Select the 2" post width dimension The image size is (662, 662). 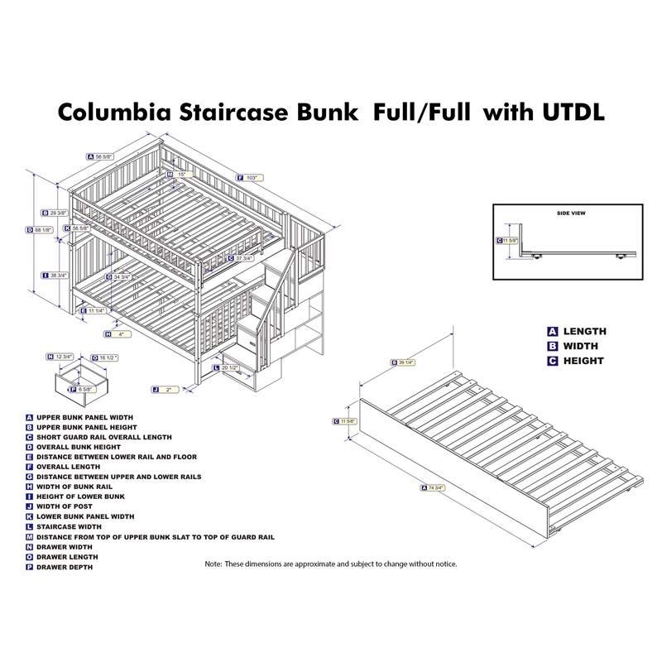click(168, 388)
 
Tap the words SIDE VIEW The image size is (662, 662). click(572, 213)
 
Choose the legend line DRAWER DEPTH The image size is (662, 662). click(65, 567)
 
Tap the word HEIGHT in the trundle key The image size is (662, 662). click(583, 361)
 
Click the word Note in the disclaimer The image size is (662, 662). click(213, 564)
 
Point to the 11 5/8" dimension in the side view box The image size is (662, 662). click(507, 241)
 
